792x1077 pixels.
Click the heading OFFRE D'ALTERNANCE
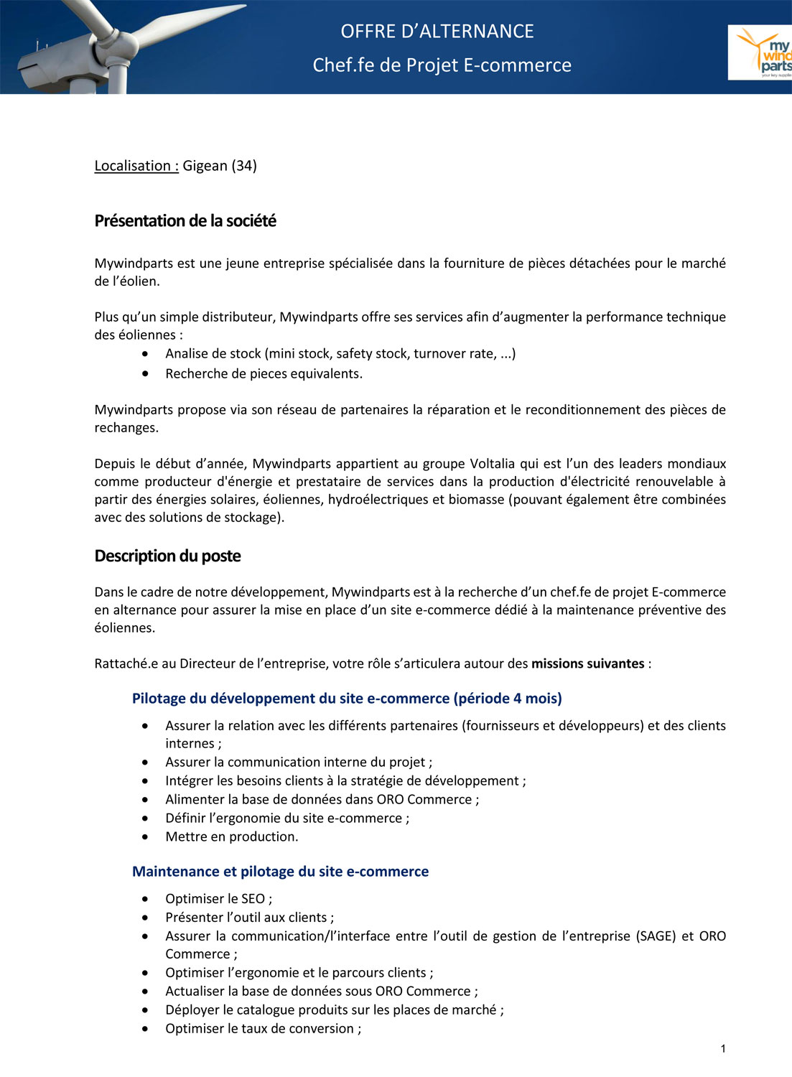click(437, 32)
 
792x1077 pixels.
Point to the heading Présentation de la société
click(185, 221)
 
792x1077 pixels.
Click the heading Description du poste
click(167, 556)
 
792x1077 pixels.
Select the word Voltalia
click(497, 464)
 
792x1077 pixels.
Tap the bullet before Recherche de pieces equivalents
click(146, 373)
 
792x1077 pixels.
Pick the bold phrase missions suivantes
click(587, 663)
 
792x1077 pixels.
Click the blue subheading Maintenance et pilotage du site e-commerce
click(280, 872)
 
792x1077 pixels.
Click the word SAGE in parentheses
click(656, 936)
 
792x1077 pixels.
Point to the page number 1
click(723, 1049)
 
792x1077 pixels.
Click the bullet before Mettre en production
click(146, 836)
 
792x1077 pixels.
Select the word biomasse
click(476, 500)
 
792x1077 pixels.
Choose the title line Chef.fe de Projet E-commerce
click(442, 65)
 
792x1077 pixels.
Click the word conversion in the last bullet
click(320, 1029)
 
